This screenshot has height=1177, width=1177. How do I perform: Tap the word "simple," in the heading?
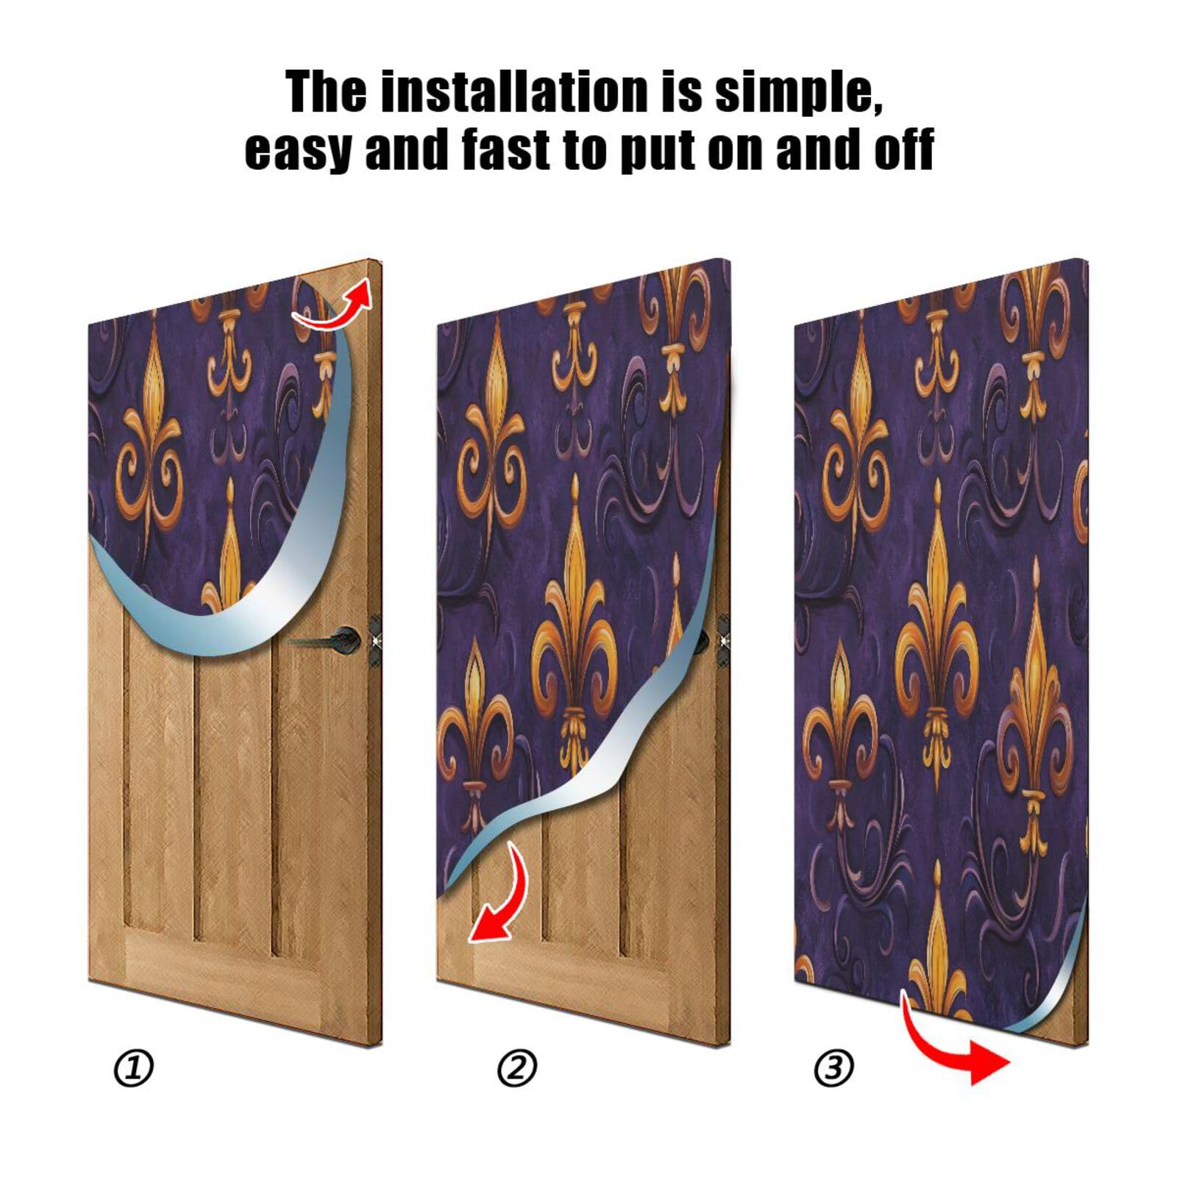click(798, 94)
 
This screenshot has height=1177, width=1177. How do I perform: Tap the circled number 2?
click(517, 1068)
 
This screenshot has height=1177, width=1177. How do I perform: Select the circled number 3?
click(834, 1068)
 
